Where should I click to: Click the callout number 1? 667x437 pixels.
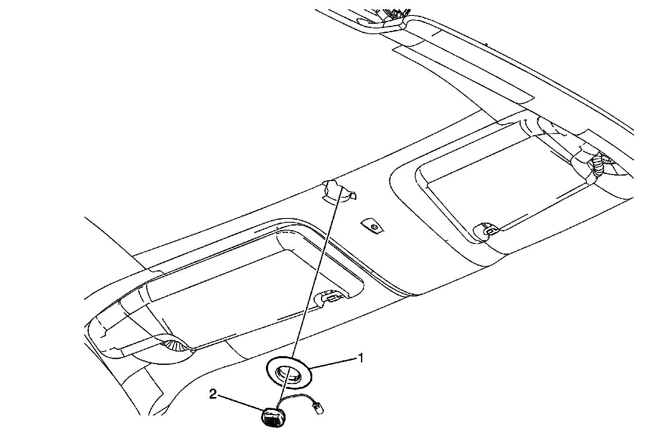[x=361, y=358]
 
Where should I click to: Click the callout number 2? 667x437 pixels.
[x=213, y=394]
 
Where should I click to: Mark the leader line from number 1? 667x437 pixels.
[x=333, y=362]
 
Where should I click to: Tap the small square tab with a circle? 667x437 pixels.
[x=373, y=227]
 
